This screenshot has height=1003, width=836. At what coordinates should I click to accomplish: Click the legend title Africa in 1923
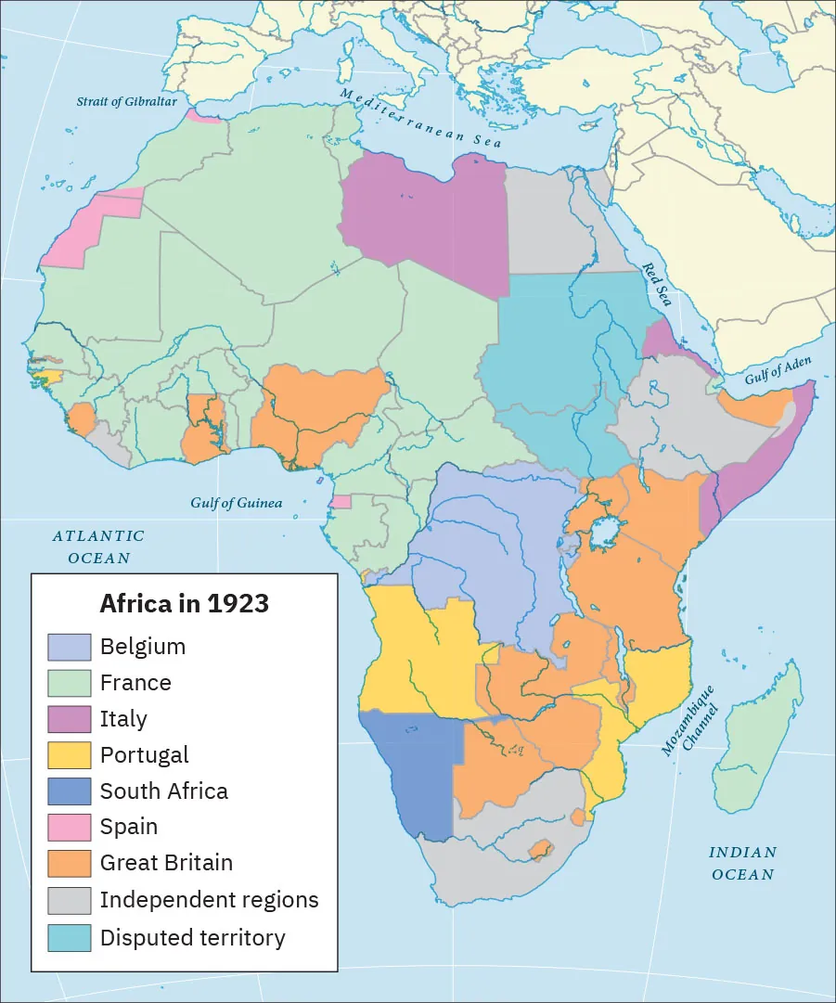point(184,604)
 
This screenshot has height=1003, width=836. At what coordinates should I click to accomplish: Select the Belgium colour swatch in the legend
point(70,647)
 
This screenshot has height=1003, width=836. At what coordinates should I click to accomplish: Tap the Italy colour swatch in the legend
point(70,719)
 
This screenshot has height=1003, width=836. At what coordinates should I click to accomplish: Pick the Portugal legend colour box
point(70,755)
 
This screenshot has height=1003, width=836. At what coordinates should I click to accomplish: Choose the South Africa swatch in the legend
point(70,791)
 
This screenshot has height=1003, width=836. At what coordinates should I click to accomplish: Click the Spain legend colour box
point(70,827)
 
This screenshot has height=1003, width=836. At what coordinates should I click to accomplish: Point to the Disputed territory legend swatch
point(70,937)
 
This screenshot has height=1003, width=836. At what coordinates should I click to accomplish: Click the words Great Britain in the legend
point(166,863)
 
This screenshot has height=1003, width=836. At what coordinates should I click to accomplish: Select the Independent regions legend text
point(209,900)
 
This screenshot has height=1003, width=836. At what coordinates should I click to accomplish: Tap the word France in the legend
point(135,683)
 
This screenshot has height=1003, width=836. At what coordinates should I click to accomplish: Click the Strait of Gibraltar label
point(126,101)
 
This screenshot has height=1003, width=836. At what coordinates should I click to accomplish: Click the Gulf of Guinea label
point(237,504)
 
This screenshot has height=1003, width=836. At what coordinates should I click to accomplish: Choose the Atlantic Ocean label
point(98,547)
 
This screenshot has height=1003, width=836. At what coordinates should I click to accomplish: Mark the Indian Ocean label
point(742,863)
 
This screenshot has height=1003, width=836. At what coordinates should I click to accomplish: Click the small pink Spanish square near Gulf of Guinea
point(341,502)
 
